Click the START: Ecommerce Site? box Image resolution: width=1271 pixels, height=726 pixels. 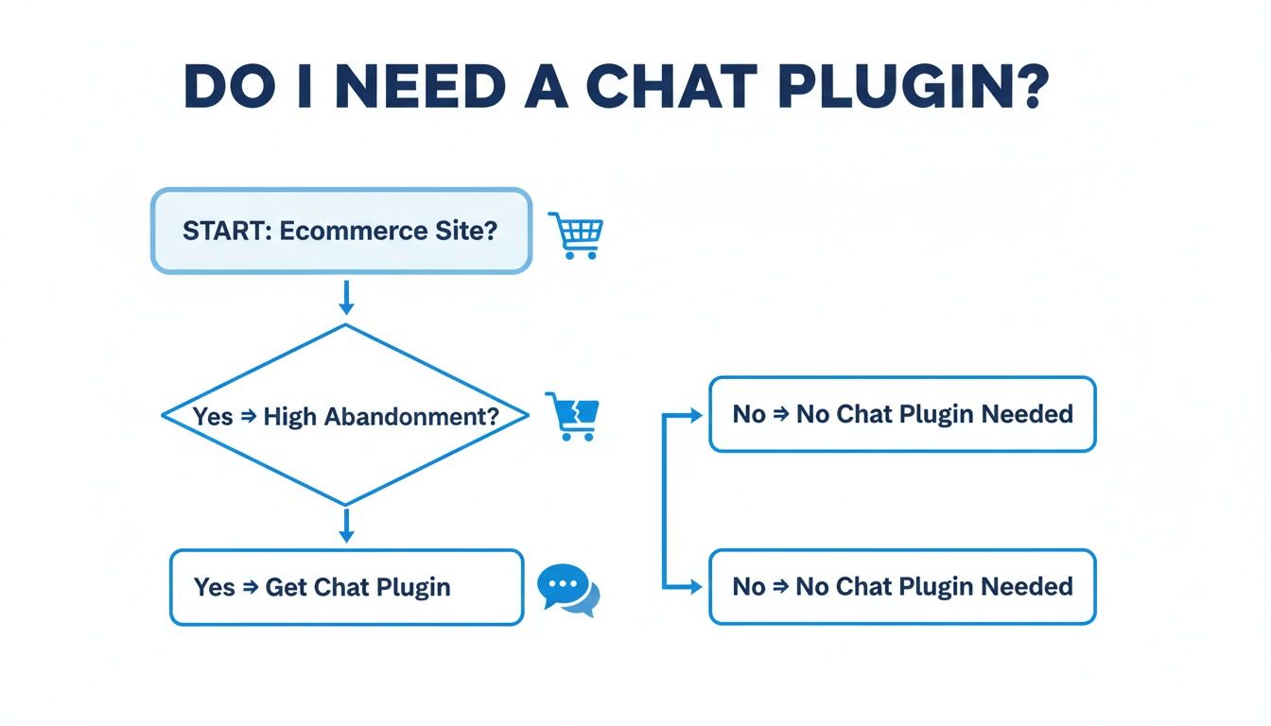(x=340, y=232)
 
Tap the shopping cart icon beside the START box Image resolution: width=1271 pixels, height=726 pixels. (x=576, y=234)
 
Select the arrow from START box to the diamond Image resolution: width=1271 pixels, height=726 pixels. (x=346, y=297)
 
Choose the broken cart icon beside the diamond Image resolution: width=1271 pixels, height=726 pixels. (x=573, y=417)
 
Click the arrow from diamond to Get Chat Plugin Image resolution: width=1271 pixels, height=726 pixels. (x=346, y=526)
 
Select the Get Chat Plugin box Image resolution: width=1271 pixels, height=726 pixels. (x=346, y=587)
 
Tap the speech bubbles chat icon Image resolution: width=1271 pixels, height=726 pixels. (x=568, y=591)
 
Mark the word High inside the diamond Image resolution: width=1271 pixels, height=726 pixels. (x=290, y=416)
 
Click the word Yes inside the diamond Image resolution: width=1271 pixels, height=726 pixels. (x=213, y=416)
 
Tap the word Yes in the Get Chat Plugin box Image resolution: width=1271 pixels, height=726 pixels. (x=214, y=587)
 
